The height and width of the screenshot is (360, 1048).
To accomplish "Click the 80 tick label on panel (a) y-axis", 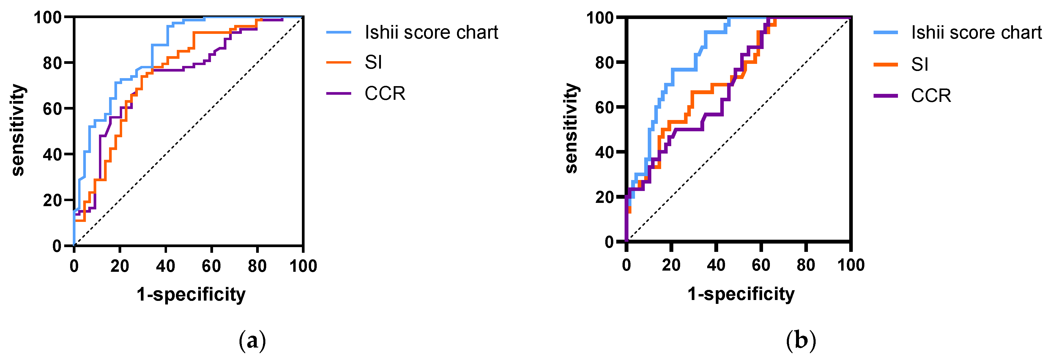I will click(52, 63).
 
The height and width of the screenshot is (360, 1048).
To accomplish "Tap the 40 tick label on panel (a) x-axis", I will click(166, 266).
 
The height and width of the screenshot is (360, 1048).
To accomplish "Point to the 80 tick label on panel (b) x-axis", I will click(806, 265).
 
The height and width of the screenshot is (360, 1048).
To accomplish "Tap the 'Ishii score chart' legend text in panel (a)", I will click(431, 33).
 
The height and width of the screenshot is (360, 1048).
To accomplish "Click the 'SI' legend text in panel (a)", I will click(373, 63).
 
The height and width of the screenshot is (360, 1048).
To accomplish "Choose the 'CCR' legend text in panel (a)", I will click(385, 94).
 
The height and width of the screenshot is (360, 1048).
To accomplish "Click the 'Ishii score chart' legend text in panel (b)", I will click(976, 33).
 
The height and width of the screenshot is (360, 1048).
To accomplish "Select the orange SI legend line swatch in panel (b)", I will click(886, 64).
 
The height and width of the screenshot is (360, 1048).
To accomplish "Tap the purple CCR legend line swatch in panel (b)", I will click(886, 96).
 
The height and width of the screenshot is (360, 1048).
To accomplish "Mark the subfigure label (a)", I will click(252, 340).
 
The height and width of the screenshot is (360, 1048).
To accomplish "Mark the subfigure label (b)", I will click(801, 340).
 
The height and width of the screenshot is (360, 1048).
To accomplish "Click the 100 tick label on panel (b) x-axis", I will click(851, 265).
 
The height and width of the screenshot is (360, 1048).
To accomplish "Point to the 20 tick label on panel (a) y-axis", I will click(52, 200).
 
